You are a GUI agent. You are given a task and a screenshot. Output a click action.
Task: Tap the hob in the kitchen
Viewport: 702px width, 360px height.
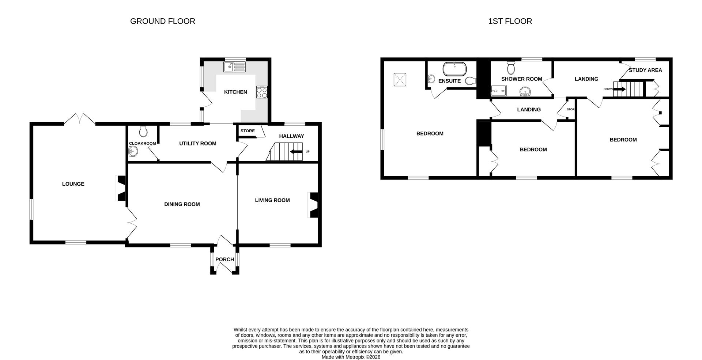click(262, 92)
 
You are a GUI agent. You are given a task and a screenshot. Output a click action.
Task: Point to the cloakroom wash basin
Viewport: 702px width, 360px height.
click(133, 151)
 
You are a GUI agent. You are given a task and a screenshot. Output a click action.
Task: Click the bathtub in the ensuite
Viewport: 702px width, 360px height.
click(454, 68)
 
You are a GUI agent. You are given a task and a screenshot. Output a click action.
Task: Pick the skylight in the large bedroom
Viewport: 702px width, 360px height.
click(400, 79)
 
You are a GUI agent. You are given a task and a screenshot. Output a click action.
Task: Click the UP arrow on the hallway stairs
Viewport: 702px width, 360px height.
click(297, 152)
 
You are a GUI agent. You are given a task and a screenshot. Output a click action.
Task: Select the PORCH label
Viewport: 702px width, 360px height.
click(224, 259)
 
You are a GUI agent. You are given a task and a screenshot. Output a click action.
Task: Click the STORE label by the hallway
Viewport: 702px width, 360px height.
click(248, 131)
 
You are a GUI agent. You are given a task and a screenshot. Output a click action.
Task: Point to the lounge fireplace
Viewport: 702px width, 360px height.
click(121, 188)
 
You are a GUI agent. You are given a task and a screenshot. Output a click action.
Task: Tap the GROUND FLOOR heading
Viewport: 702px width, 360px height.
click(163, 21)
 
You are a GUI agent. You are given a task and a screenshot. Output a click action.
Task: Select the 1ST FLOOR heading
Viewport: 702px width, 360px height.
click(510, 21)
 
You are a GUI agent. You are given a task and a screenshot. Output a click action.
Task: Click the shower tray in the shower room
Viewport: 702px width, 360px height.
click(499, 90)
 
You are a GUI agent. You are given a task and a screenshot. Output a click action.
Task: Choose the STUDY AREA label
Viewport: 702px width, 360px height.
click(645, 70)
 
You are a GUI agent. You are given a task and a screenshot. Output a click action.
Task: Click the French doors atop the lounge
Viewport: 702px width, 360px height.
click(80, 119)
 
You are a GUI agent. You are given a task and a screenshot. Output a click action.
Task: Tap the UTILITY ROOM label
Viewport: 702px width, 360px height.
click(197, 144)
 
